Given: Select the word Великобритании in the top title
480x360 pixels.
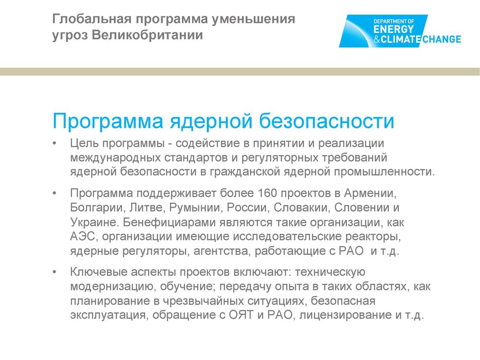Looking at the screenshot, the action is (147, 35).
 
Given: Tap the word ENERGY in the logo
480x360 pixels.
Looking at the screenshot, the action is (394, 29).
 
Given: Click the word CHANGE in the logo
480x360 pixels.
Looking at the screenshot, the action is (442, 39).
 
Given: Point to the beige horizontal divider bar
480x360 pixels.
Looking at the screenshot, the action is (240, 72).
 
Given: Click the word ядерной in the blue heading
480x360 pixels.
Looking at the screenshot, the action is (211, 121).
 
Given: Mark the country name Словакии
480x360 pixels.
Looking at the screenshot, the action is (301, 207).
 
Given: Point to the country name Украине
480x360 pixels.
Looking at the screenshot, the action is (94, 222).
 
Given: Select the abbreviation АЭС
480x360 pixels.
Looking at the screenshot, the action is (84, 236).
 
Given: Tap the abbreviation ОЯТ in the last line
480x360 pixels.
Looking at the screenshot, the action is (241, 315).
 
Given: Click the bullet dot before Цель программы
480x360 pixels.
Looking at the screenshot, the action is (55, 143).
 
